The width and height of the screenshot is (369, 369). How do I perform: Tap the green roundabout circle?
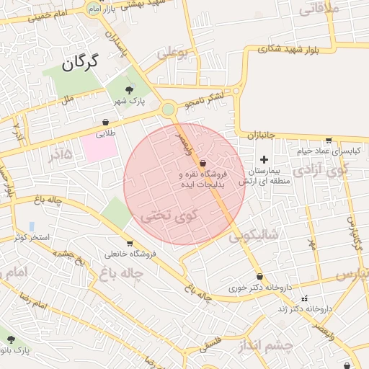point(168,109)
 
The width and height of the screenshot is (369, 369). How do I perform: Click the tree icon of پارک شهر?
point(129,90)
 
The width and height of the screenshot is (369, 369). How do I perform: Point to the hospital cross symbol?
point(264,159)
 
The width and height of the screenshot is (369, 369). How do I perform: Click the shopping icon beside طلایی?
point(106,123)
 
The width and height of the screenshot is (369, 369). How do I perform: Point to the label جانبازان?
point(257,135)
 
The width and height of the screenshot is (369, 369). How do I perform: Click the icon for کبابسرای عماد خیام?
point(329,141)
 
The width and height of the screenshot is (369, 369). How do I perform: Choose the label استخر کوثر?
point(31,236)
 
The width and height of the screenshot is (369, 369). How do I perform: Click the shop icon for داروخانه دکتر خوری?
point(259,277)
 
